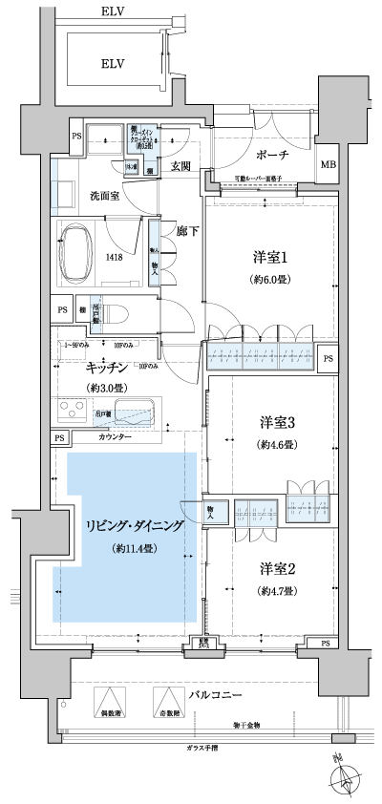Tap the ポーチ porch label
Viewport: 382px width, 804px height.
[x=272, y=155]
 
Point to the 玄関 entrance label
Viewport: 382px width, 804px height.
[x=181, y=166]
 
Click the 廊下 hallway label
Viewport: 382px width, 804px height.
[x=182, y=231]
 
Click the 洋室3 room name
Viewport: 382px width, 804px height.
[x=277, y=422]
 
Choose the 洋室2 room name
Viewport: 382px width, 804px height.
[x=277, y=569]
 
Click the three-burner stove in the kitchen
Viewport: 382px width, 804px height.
[x=75, y=413]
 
